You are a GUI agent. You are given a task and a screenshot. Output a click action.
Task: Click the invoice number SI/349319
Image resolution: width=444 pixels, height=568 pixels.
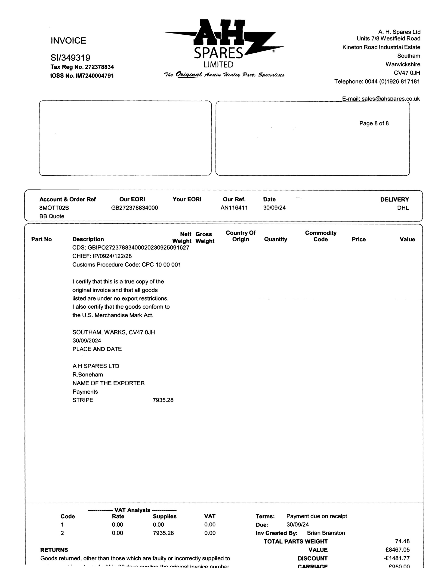[x=70, y=58]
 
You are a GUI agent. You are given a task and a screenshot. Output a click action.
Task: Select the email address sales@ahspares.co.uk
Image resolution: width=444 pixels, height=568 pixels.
[x=390, y=99]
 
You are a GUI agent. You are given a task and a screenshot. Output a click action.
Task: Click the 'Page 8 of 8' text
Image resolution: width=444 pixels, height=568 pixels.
[x=374, y=123]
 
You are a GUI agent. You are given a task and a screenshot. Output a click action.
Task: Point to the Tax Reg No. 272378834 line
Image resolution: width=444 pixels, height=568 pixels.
[x=82, y=67]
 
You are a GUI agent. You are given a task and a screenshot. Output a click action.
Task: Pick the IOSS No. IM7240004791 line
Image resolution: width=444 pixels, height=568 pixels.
[x=82, y=76]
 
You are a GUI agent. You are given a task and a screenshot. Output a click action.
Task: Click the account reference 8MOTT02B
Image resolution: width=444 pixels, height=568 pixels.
[x=54, y=208]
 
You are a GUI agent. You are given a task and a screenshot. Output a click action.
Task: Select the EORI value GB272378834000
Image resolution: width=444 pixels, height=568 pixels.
[x=134, y=208]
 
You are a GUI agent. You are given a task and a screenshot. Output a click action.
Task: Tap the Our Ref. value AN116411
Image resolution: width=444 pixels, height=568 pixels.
[x=234, y=208]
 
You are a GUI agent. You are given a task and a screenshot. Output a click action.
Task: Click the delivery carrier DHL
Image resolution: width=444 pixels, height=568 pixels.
[x=403, y=208]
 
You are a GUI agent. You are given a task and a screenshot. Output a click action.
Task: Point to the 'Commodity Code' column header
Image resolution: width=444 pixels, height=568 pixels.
[x=321, y=236]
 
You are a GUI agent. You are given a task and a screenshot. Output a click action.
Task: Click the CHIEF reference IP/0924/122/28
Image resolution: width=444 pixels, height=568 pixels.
[x=112, y=256]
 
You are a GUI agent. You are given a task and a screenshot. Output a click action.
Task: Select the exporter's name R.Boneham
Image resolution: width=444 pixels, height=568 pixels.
[x=87, y=375]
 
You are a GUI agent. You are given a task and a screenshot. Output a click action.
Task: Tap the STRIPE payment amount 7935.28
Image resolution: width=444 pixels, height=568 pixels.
[x=163, y=400]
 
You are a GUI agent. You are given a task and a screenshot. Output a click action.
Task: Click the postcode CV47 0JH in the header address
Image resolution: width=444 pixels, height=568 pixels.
[x=407, y=73]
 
